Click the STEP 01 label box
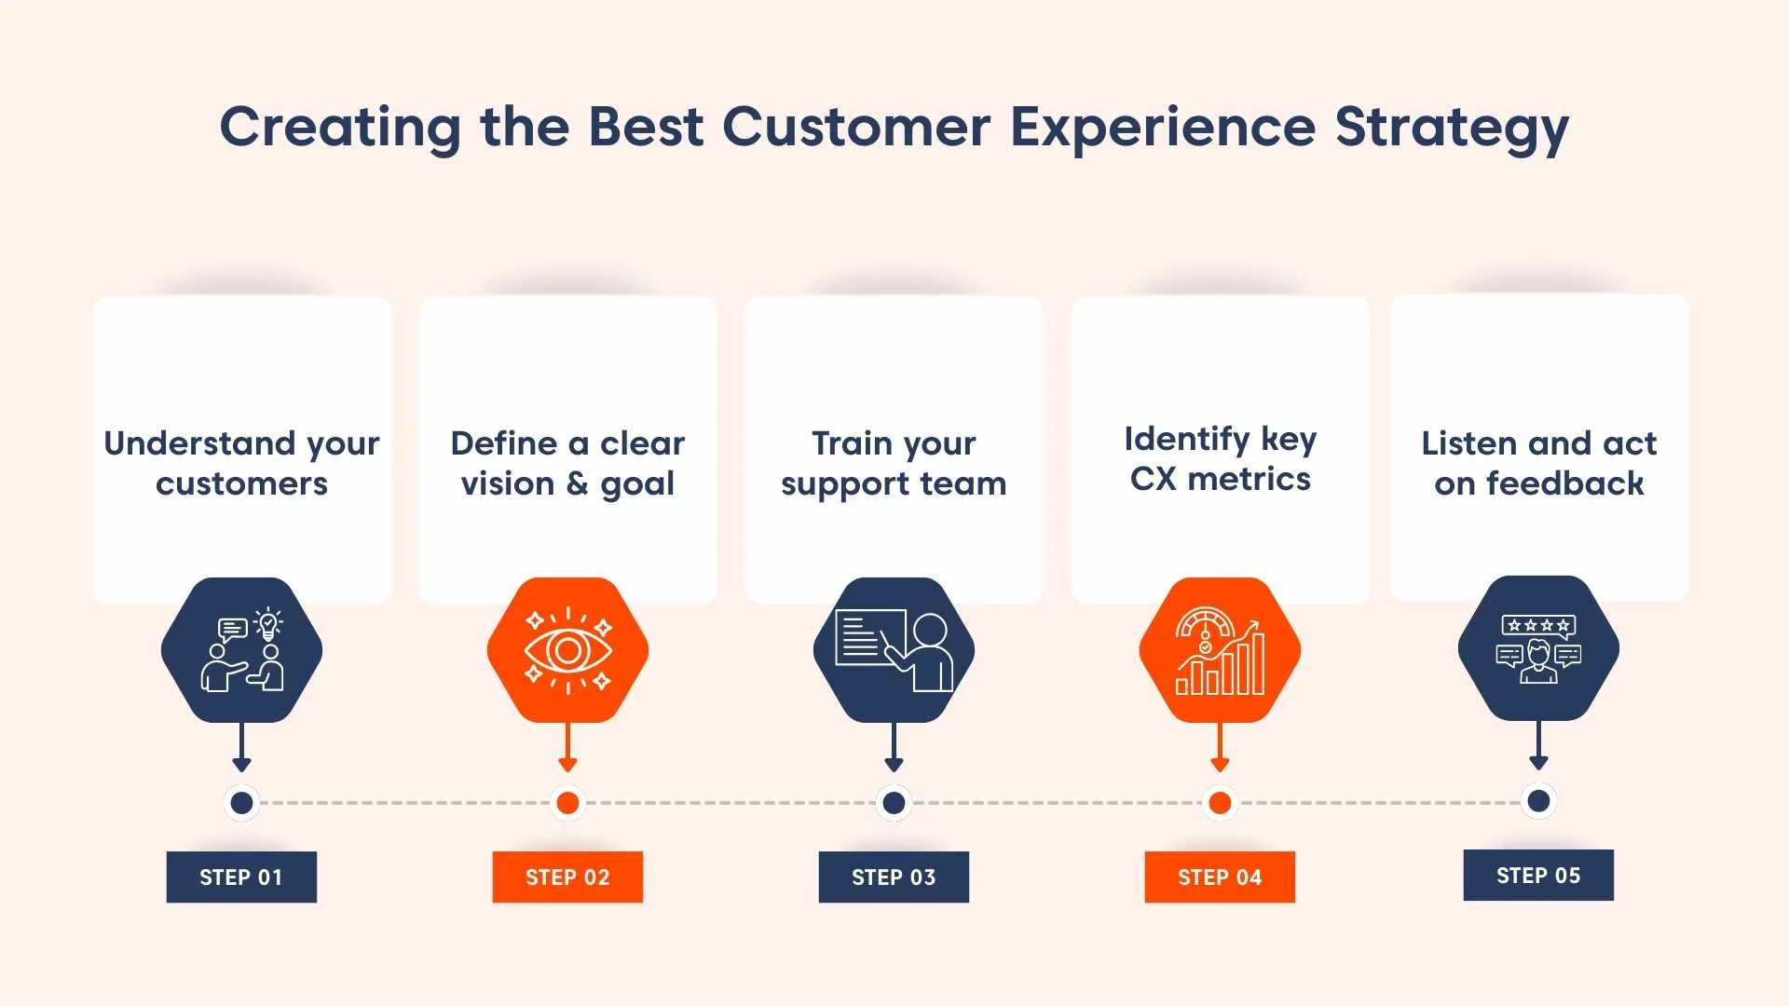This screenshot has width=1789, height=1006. [241, 877]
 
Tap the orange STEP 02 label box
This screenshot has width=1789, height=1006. [567, 877]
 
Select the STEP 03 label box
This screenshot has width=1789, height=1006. [894, 877]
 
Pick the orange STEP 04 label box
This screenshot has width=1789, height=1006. [1220, 877]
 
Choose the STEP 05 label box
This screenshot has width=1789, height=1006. [1538, 875]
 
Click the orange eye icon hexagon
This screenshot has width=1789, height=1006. [567, 650]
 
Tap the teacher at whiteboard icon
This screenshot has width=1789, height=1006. [894, 650]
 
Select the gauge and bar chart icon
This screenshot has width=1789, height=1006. [1220, 650]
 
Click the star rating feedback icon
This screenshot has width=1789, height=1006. [1538, 648]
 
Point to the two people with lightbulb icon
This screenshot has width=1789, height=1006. [241, 650]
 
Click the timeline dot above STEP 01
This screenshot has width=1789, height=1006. [241, 802]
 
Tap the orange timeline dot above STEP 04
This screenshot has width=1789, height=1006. [1220, 802]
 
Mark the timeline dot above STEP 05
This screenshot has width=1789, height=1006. [1538, 800]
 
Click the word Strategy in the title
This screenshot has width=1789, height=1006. [1452, 128]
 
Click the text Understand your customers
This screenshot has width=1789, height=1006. [241, 463]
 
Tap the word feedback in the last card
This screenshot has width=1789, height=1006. [1564, 483]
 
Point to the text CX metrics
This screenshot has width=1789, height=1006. [1220, 479]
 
